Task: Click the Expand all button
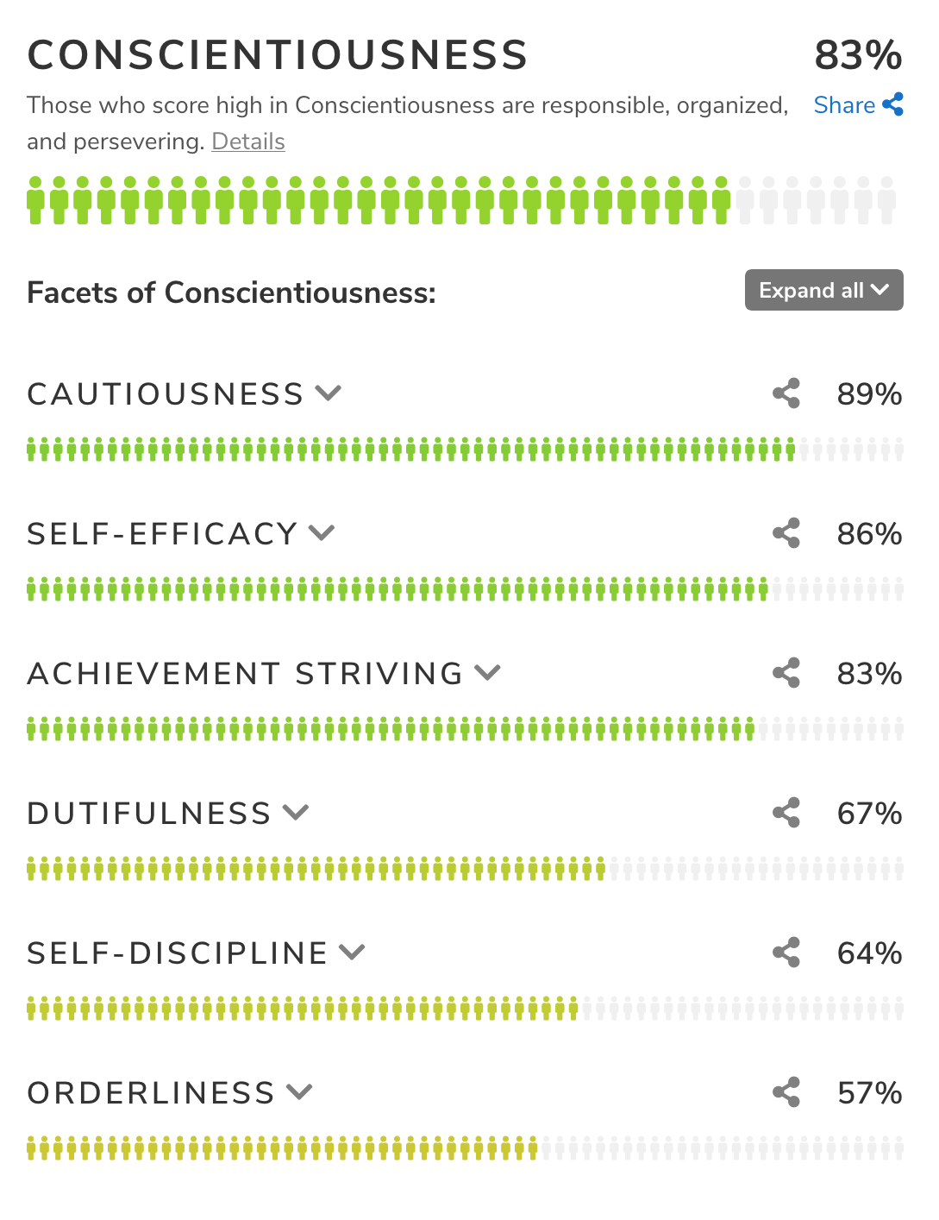pyautogui.click(x=823, y=290)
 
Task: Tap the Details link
pyautogui.click(x=248, y=141)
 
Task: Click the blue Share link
pyautogui.click(x=858, y=105)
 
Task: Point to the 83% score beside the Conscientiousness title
pyautogui.click(x=858, y=55)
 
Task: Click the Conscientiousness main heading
pyautogui.click(x=277, y=55)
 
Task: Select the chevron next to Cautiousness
pyautogui.click(x=329, y=393)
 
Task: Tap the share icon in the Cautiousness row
pyautogui.click(x=786, y=393)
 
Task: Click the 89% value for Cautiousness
pyautogui.click(x=869, y=394)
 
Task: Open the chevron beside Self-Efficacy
pyautogui.click(x=322, y=533)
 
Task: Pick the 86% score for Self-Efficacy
pyautogui.click(x=869, y=534)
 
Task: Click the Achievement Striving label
pyautogui.click(x=246, y=674)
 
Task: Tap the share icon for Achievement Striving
pyautogui.click(x=786, y=673)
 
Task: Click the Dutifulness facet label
pyautogui.click(x=149, y=814)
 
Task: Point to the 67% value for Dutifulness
pyautogui.click(x=869, y=814)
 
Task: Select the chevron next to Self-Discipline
pyautogui.click(x=352, y=953)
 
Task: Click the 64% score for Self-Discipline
pyautogui.click(x=869, y=953)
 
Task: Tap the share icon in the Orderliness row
pyautogui.click(x=786, y=1092)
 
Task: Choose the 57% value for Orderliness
pyautogui.click(x=869, y=1093)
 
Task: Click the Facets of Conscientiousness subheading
pyautogui.click(x=231, y=292)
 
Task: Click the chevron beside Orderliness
pyautogui.click(x=299, y=1092)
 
